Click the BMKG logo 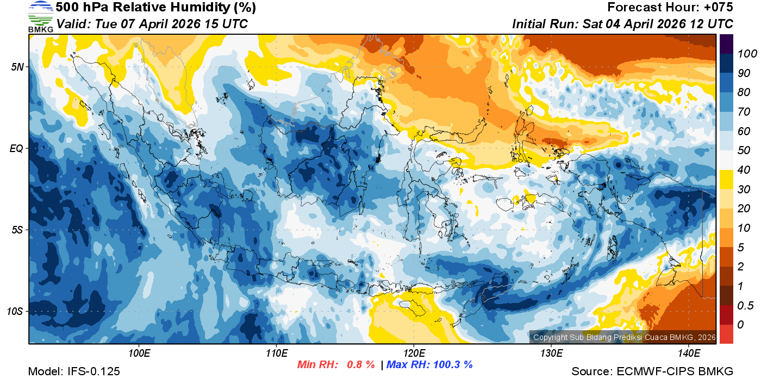[x=40, y=16]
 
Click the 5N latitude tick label [x=17, y=67]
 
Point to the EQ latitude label [x=16, y=148]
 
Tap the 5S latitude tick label [x=17, y=230]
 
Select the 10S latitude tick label [x=15, y=311]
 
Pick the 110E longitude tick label [x=276, y=354]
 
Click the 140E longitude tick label [x=688, y=354]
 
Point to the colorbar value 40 [x=744, y=170]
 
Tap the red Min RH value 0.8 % [x=361, y=365]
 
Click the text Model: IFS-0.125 [x=74, y=371]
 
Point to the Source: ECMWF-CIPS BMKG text [x=652, y=371]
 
